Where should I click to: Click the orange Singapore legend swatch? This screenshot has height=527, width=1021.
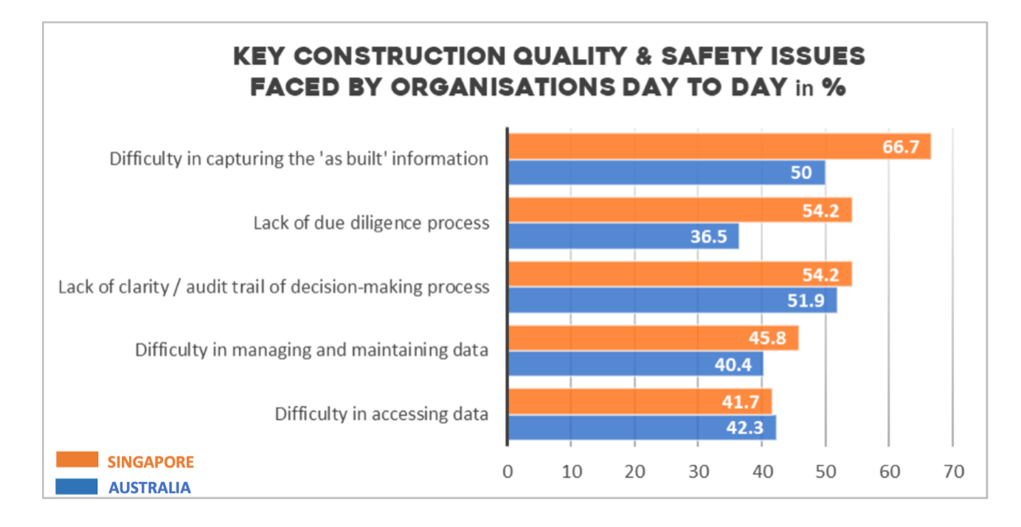coord(77,461)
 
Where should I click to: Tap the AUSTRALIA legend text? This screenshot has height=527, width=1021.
coord(150,487)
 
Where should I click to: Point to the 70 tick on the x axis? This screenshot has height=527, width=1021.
coord(954,472)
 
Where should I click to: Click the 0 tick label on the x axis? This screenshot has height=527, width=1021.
coord(508,472)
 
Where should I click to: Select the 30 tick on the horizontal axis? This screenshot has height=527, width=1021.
coord(699,472)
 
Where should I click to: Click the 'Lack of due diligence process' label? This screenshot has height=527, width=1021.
coord(371,223)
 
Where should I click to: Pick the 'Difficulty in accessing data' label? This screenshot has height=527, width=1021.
coord(381,413)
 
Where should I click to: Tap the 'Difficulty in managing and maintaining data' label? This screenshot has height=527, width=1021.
coord(311,349)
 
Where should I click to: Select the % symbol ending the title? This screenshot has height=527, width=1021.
coord(834,88)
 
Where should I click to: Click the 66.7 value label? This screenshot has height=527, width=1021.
coord(901,147)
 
